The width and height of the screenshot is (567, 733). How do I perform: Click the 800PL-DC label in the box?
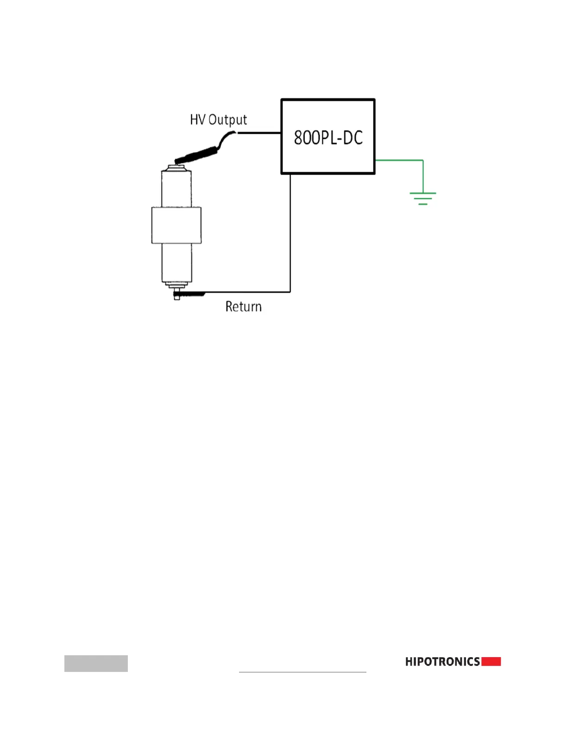(328, 137)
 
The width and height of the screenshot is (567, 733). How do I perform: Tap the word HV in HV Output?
(197, 120)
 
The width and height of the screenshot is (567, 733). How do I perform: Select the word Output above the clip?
(227, 120)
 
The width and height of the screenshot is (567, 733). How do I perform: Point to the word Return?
(243, 307)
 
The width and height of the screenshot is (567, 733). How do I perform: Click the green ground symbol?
(422, 198)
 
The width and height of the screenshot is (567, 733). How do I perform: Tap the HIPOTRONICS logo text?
(442, 662)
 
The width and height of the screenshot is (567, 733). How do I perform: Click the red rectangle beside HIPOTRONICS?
(491, 662)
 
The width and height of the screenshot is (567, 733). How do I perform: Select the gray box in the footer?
(96, 663)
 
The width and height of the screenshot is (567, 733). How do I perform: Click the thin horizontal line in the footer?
(302, 671)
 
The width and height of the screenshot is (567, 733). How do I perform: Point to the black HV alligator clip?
(197, 155)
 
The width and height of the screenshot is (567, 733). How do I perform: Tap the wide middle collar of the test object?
(176, 225)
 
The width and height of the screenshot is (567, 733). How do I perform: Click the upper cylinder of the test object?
(176, 188)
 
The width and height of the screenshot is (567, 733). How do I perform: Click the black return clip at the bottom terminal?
(190, 293)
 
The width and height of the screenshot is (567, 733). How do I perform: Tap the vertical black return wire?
(290, 231)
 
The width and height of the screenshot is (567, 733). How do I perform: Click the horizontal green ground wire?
(398, 160)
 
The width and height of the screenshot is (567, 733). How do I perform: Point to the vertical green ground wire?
(423, 176)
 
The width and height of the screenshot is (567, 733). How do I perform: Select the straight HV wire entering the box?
(259, 133)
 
